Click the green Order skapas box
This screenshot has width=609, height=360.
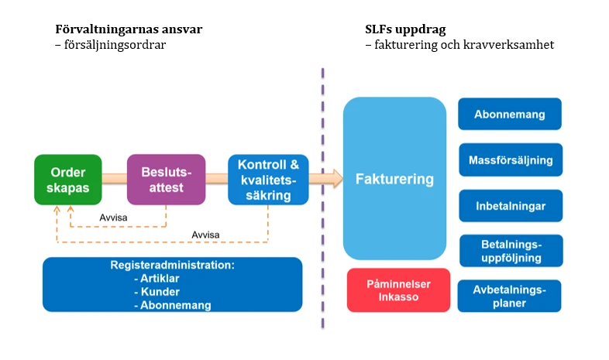68,180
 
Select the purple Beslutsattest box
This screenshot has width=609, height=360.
167,180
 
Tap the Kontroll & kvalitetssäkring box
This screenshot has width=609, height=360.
268,180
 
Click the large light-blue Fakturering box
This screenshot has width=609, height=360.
394,178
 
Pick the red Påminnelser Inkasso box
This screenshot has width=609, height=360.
398,290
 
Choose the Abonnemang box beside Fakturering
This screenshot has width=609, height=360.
510,114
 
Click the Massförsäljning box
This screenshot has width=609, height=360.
511,159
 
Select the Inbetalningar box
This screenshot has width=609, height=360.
511,206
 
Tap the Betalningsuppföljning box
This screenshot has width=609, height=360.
511,251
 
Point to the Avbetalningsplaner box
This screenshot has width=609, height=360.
510,296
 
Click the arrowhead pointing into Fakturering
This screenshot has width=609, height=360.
338,178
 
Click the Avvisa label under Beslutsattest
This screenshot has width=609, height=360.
113,218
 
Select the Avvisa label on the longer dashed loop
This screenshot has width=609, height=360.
205,235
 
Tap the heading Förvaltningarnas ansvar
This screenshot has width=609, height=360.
129,29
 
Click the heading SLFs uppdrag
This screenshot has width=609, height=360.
405,29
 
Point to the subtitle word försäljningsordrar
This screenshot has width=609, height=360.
115,45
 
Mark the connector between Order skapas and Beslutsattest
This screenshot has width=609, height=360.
115,178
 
